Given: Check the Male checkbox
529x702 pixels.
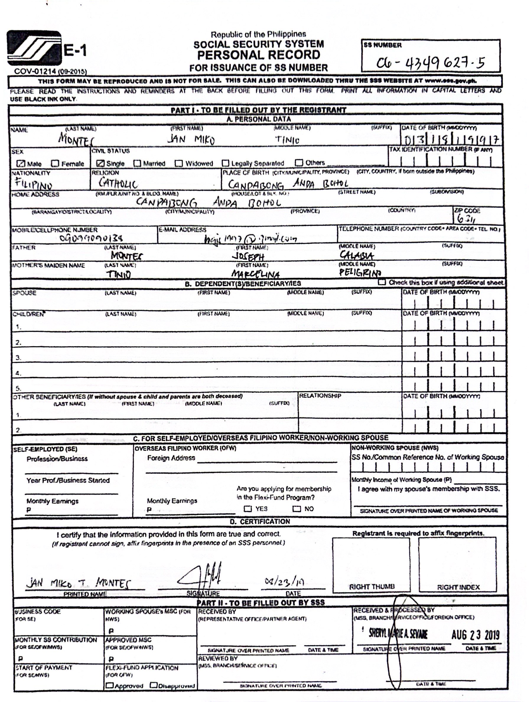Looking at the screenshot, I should coord(21,163).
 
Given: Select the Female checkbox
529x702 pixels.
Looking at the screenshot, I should coord(55,163).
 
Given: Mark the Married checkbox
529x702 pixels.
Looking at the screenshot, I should coord(137,163).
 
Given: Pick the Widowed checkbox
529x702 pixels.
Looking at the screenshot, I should coord(179,163).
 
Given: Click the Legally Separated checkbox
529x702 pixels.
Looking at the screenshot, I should coord(225,163).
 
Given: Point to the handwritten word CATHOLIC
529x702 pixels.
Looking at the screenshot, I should coord(118,183).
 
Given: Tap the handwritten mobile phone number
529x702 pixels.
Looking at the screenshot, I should coord(91,238).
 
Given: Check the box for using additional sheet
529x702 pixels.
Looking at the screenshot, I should coord(382,282).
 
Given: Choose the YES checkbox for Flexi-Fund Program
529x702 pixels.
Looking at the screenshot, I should coord(248,509).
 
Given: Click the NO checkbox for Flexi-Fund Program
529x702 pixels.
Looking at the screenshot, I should coord(296,509).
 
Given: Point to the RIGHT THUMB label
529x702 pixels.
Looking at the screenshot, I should coord(372,587).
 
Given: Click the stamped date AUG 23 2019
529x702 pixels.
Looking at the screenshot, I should coord(475,635).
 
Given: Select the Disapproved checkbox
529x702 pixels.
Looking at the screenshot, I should coord(154,685).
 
